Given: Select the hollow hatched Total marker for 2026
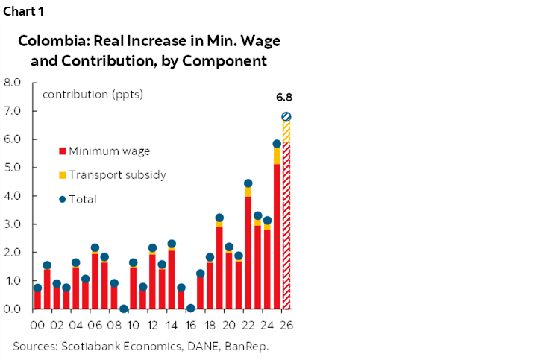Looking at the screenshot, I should (x=286, y=117).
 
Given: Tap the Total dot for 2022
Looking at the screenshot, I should (x=248, y=183).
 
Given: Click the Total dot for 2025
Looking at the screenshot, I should (x=277, y=144).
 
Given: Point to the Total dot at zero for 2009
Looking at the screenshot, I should (x=124, y=309).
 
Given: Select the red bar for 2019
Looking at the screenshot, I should (x=219, y=268).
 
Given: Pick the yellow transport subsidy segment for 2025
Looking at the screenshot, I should (x=277, y=155).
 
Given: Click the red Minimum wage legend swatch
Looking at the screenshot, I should (x=62, y=151).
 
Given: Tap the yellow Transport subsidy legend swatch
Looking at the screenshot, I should (x=62, y=175).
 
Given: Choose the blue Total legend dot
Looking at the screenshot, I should (x=62, y=199).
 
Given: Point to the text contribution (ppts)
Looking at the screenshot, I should (x=93, y=95).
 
